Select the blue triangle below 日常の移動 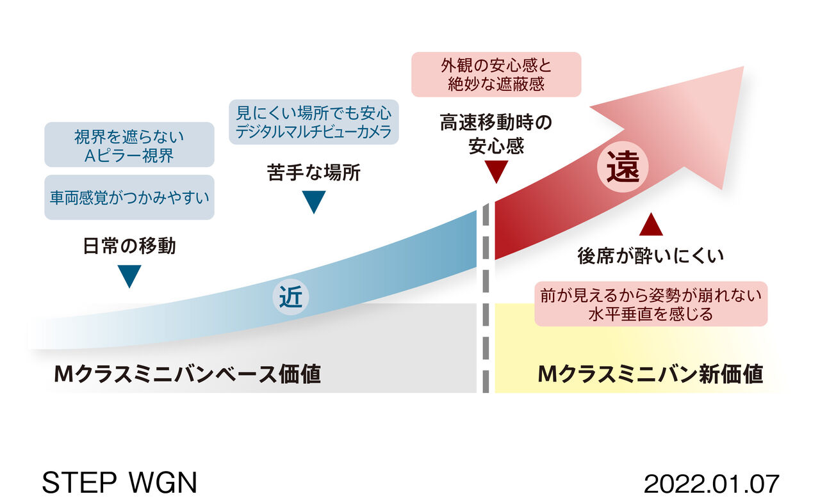(129, 276)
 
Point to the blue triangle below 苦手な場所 (314, 202)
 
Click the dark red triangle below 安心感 (496, 172)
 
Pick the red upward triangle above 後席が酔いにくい (651, 225)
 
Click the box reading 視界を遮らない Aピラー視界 (129, 145)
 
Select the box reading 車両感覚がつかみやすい (129, 197)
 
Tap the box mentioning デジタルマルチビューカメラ (314, 122)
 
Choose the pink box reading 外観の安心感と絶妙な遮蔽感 (496, 74)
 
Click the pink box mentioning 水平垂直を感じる (651, 303)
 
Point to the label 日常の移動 (129, 246)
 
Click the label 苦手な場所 (314, 173)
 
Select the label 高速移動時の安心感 (496, 134)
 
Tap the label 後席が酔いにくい (651, 256)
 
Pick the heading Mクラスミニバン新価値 (651, 374)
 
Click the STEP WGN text (119, 483)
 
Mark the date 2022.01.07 (711, 483)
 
